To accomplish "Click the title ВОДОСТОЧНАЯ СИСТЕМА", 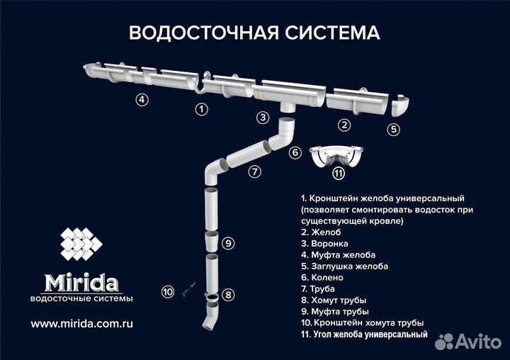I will (x=254, y=33).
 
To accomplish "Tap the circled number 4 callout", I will (x=142, y=99).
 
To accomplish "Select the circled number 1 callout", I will (x=202, y=108).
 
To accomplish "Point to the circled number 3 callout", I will (x=263, y=117).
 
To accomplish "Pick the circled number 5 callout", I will (x=394, y=129).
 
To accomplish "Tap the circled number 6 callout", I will (x=295, y=152).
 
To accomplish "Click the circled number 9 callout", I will (x=227, y=243).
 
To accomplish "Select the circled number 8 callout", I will (x=227, y=294).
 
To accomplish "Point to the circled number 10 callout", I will (x=168, y=291).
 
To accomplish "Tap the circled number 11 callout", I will (x=339, y=172).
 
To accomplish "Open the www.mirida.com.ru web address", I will (x=82, y=322).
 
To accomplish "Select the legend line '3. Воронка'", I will (x=324, y=243).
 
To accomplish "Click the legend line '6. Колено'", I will (x=322, y=277).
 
